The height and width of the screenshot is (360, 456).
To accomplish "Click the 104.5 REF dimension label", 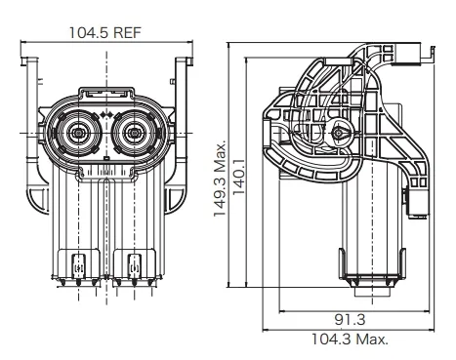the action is [x=104, y=32].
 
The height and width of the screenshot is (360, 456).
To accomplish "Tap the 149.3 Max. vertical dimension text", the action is [x=220, y=179].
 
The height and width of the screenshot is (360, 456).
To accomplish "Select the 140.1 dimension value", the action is [x=239, y=178].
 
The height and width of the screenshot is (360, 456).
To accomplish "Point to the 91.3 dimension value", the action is [x=350, y=320].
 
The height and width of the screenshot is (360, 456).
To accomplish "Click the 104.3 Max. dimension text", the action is [x=351, y=340].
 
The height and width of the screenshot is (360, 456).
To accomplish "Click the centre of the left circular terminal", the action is [x=77, y=133].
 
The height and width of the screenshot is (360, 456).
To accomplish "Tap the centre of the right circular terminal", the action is [x=134, y=133].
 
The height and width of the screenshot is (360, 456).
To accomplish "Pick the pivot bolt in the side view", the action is [x=338, y=133].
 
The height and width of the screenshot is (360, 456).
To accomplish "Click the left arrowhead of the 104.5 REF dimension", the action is [x=23, y=41].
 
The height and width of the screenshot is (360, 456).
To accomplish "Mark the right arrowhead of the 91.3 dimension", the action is [x=428, y=311].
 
